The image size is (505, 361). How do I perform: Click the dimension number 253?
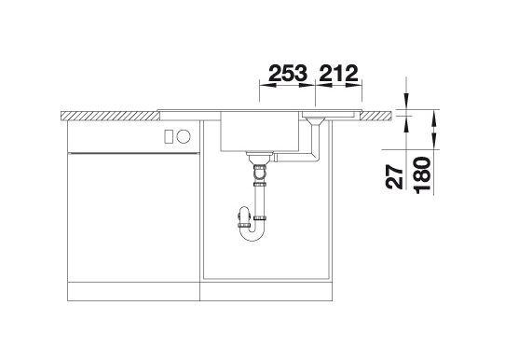pyautogui.click(x=288, y=73)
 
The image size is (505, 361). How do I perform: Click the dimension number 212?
pyautogui.click(x=339, y=73)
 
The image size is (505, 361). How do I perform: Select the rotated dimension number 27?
pyautogui.click(x=395, y=176)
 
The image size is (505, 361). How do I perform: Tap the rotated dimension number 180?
pyautogui.click(x=423, y=175)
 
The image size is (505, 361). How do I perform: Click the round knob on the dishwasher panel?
pyautogui.click(x=184, y=136)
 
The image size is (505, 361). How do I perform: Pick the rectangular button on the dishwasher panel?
pyautogui.click(x=169, y=136)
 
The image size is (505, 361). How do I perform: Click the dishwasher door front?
pyautogui.click(x=133, y=217)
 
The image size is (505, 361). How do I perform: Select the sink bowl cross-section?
pyautogui.click(x=260, y=132)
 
